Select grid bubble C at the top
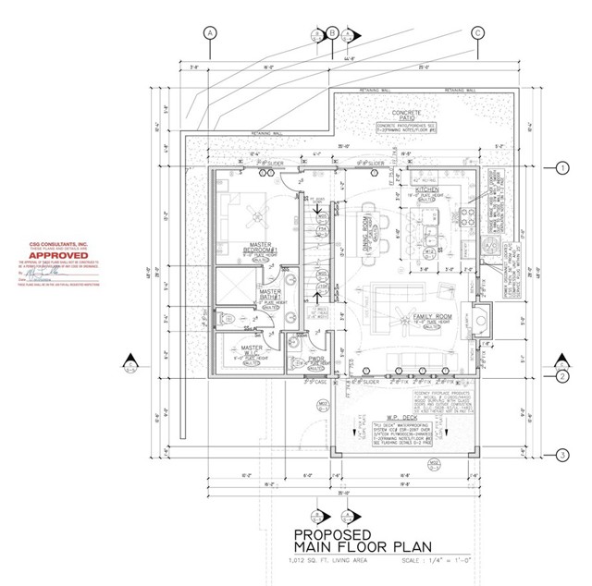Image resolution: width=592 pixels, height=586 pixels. point(478,32)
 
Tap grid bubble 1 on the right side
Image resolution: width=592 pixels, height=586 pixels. point(561,168)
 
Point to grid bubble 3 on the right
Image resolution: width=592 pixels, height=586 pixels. point(561,454)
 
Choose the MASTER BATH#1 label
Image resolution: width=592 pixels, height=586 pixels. point(271,293)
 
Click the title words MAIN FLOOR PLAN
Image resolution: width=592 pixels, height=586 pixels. point(352,546)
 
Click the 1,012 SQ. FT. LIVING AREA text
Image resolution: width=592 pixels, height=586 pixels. point(337,559)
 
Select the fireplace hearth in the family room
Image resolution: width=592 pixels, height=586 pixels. point(480,317)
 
